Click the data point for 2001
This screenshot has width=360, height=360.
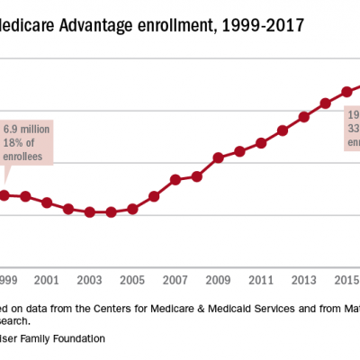(x=47, y=202)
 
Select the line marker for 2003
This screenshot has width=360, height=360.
(x=89, y=211)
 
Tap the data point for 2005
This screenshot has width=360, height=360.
(x=132, y=209)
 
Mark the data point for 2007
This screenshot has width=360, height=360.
(x=175, y=179)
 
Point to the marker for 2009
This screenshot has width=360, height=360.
(x=218, y=157)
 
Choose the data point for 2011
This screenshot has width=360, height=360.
(x=261, y=143)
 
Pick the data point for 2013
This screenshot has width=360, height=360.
(x=304, y=116)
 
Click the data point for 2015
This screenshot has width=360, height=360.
(x=346, y=92)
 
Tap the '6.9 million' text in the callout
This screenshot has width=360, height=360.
(x=26, y=130)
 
